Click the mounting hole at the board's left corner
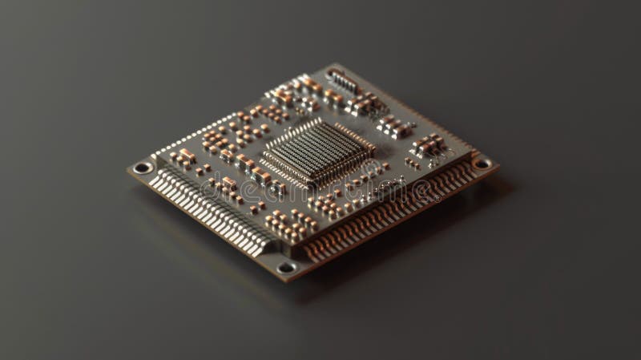coord(143,168)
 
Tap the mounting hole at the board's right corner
coord(482,163)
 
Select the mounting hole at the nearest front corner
coord(285,267)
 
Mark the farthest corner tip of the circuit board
coord(330,64)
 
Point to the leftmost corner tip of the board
coord(127,169)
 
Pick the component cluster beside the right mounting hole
coord(430,145)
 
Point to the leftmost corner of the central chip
coord(262,150)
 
